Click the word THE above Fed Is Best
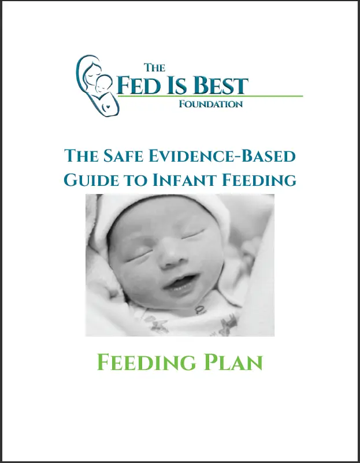[x=154, y=68]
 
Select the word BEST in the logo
[x=221, y=85]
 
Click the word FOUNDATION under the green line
[x=211, y=104]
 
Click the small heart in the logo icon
[x=108, y=106]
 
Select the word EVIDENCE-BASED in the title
[x=222, y=156]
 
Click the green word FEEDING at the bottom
[x=146, y=363]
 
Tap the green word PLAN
[x=233, y=363]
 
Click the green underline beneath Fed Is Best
[x=210, y=96]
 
